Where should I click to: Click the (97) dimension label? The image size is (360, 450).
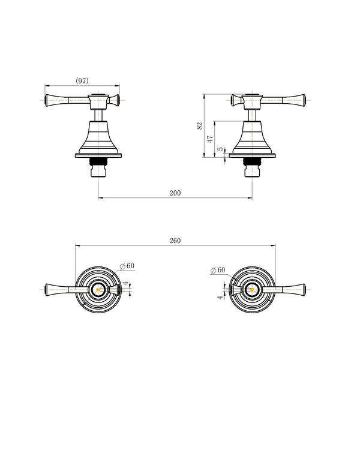(x=82, y=80)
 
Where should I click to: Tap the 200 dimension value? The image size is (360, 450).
(x=175, y=193)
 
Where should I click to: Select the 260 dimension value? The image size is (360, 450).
(x=175, y=241)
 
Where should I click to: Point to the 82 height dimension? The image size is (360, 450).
(x=200, y=126)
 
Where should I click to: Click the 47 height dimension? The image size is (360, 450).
(x=211, y=139)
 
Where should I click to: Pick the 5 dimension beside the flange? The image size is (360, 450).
(x=220, y=149)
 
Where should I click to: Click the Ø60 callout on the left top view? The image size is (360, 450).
(x=127, y=266)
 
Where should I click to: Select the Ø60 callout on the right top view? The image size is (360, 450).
(x=218, y=270)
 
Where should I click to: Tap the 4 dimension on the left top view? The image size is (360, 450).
(x=125, y=283)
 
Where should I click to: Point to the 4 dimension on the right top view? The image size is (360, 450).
(x=220, y=298)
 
